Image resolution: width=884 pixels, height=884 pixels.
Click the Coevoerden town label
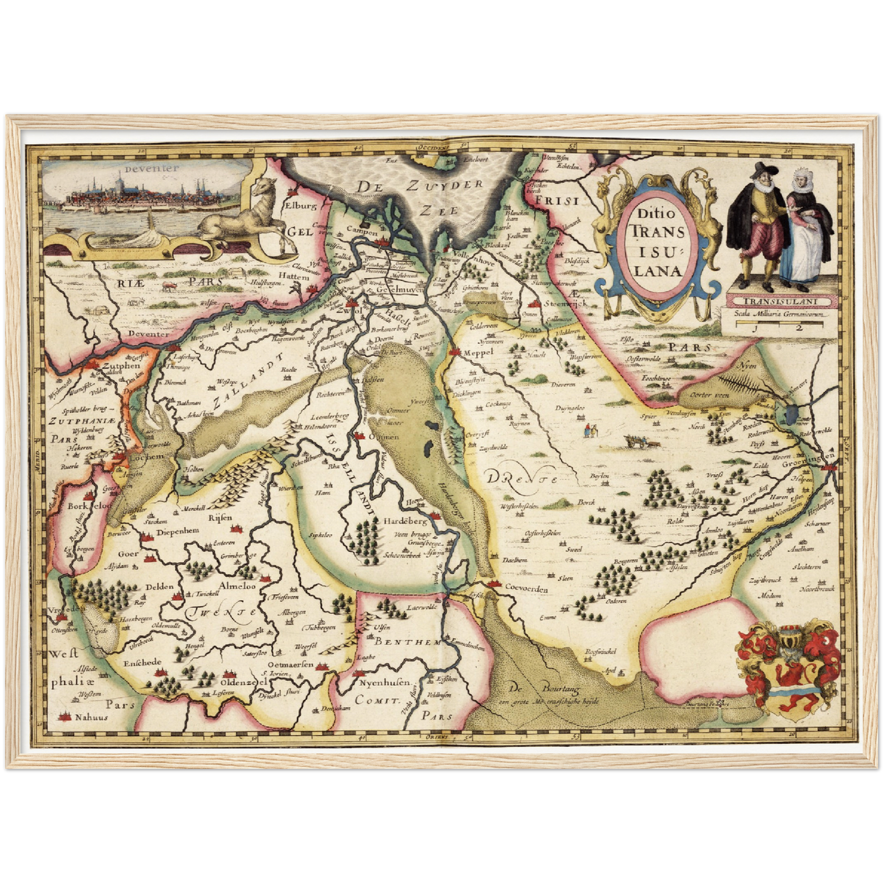click(x=527, y=589)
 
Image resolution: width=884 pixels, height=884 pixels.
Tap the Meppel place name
click(x=478, y=352)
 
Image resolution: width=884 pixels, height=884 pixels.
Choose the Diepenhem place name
click(x=178, y=532)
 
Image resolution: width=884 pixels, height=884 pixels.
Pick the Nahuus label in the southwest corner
click(x=91, y=717)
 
